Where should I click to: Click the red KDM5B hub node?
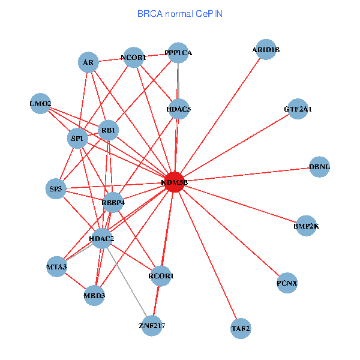click(x=174, y=182)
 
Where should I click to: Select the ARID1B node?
click(x=266, y=50)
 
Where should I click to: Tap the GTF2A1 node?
click(x=298, y=110)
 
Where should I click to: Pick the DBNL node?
click(x=320, y=167)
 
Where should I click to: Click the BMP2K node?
click(x=307, y=226)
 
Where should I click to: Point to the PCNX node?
click(x=287, y=283)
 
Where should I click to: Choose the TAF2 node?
click(x=241, y=328)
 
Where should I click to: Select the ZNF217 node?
click(x=152, y=326)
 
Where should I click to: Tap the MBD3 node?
click(x=94, y=295)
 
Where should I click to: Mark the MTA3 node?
click(x=57, y=266)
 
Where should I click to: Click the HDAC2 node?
click(x=101, y=239)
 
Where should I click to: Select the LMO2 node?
click(x=40, y=104)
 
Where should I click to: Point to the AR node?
click(x=88, y=62)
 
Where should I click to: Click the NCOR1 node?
click(x=133, y=58)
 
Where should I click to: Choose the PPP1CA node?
click(x=178, y=53)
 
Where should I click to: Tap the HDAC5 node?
click(x=179, y=109)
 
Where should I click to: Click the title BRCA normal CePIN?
click(x=179, y=13)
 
